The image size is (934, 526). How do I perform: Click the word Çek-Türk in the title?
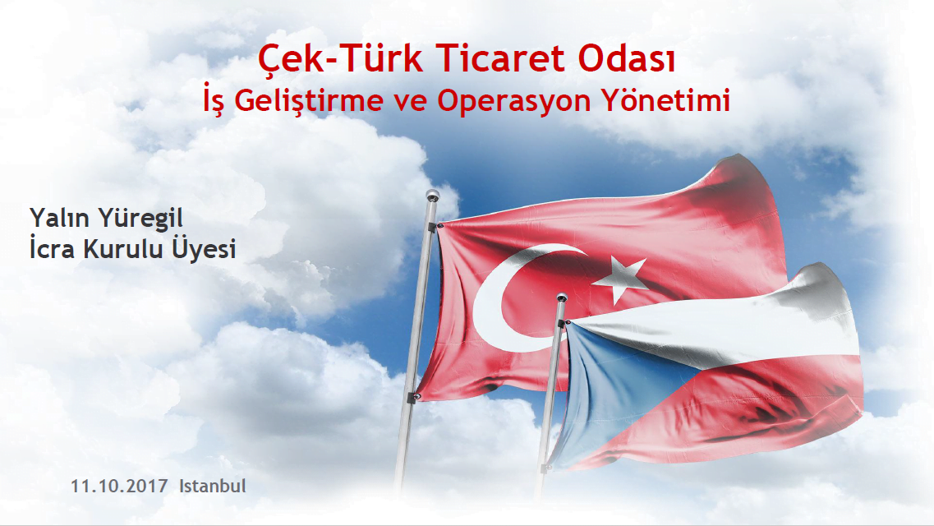pyautogui.click(x=341, y=59)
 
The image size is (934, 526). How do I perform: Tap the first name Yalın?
pyautogui.click(x=60, y=218)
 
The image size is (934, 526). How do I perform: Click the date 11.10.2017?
pyautogui.click(x=119, y=486)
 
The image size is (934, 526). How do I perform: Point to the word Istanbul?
pyautogui.click(x=213, y=486)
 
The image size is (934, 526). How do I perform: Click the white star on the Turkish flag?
pyautogui.click(x=620, y=278)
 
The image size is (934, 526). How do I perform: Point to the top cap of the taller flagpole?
pyautogui.click(x=432, y=195)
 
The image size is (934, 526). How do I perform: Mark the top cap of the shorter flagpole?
pyautogui.click(x=561, y=298)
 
